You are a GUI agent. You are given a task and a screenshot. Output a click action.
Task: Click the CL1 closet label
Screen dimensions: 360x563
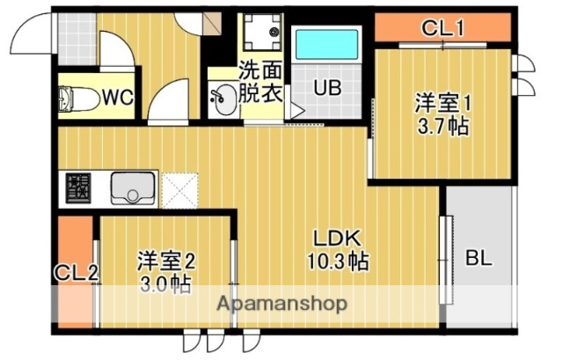point(442,27)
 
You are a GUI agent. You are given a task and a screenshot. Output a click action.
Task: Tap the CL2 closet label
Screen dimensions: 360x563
point(76,273)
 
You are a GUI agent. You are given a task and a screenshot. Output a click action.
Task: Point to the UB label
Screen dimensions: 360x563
point(328,88)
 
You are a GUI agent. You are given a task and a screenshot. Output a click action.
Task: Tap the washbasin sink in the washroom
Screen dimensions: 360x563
point(223,99)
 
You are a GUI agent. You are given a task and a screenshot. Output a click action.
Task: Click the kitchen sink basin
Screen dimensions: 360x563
point(133,187)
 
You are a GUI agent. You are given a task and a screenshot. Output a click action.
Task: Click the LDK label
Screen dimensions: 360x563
point(336,239)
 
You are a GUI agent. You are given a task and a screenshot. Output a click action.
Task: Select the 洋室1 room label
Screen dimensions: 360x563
point(444,102)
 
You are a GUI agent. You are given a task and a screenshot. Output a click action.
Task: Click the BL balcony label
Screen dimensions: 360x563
point(479,259)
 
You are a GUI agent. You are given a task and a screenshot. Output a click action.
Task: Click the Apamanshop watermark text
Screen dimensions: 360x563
point(281,305)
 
